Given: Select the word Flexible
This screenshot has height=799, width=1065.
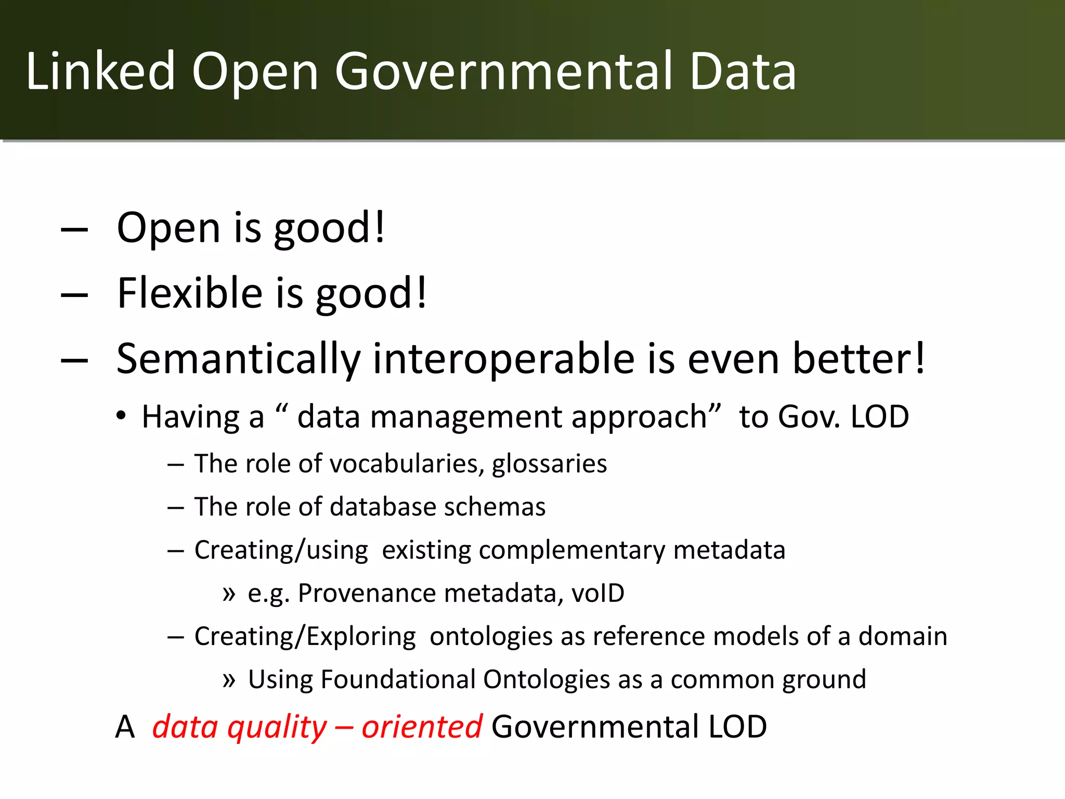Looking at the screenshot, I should click(x=190, y=293).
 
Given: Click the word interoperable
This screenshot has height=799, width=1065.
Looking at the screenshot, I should click(x=504, y=359).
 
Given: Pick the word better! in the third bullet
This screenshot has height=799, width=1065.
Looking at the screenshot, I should click(x=859, y=359).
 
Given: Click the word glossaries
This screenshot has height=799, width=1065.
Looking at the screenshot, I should click(x=549, y=463).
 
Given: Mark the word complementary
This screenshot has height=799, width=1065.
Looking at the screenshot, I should click(x=572, y=550).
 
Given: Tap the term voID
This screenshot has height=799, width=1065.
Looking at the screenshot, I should click(x=598, y=594).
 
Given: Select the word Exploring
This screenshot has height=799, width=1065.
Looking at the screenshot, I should click(x=361, y=637).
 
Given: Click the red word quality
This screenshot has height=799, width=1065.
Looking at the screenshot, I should click(x=277, y=727).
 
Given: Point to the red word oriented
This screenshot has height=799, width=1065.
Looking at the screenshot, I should click(x=422, y=727).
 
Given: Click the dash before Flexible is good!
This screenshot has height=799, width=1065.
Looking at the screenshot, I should click(x=74, y=295).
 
